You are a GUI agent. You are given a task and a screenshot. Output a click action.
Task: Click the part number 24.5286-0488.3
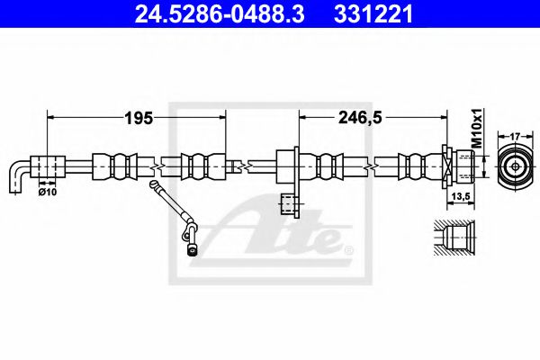coord(206,14)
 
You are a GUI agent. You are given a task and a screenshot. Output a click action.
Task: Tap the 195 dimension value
coord(139,118)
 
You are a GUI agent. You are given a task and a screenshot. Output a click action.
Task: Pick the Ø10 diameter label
coord(47,191)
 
